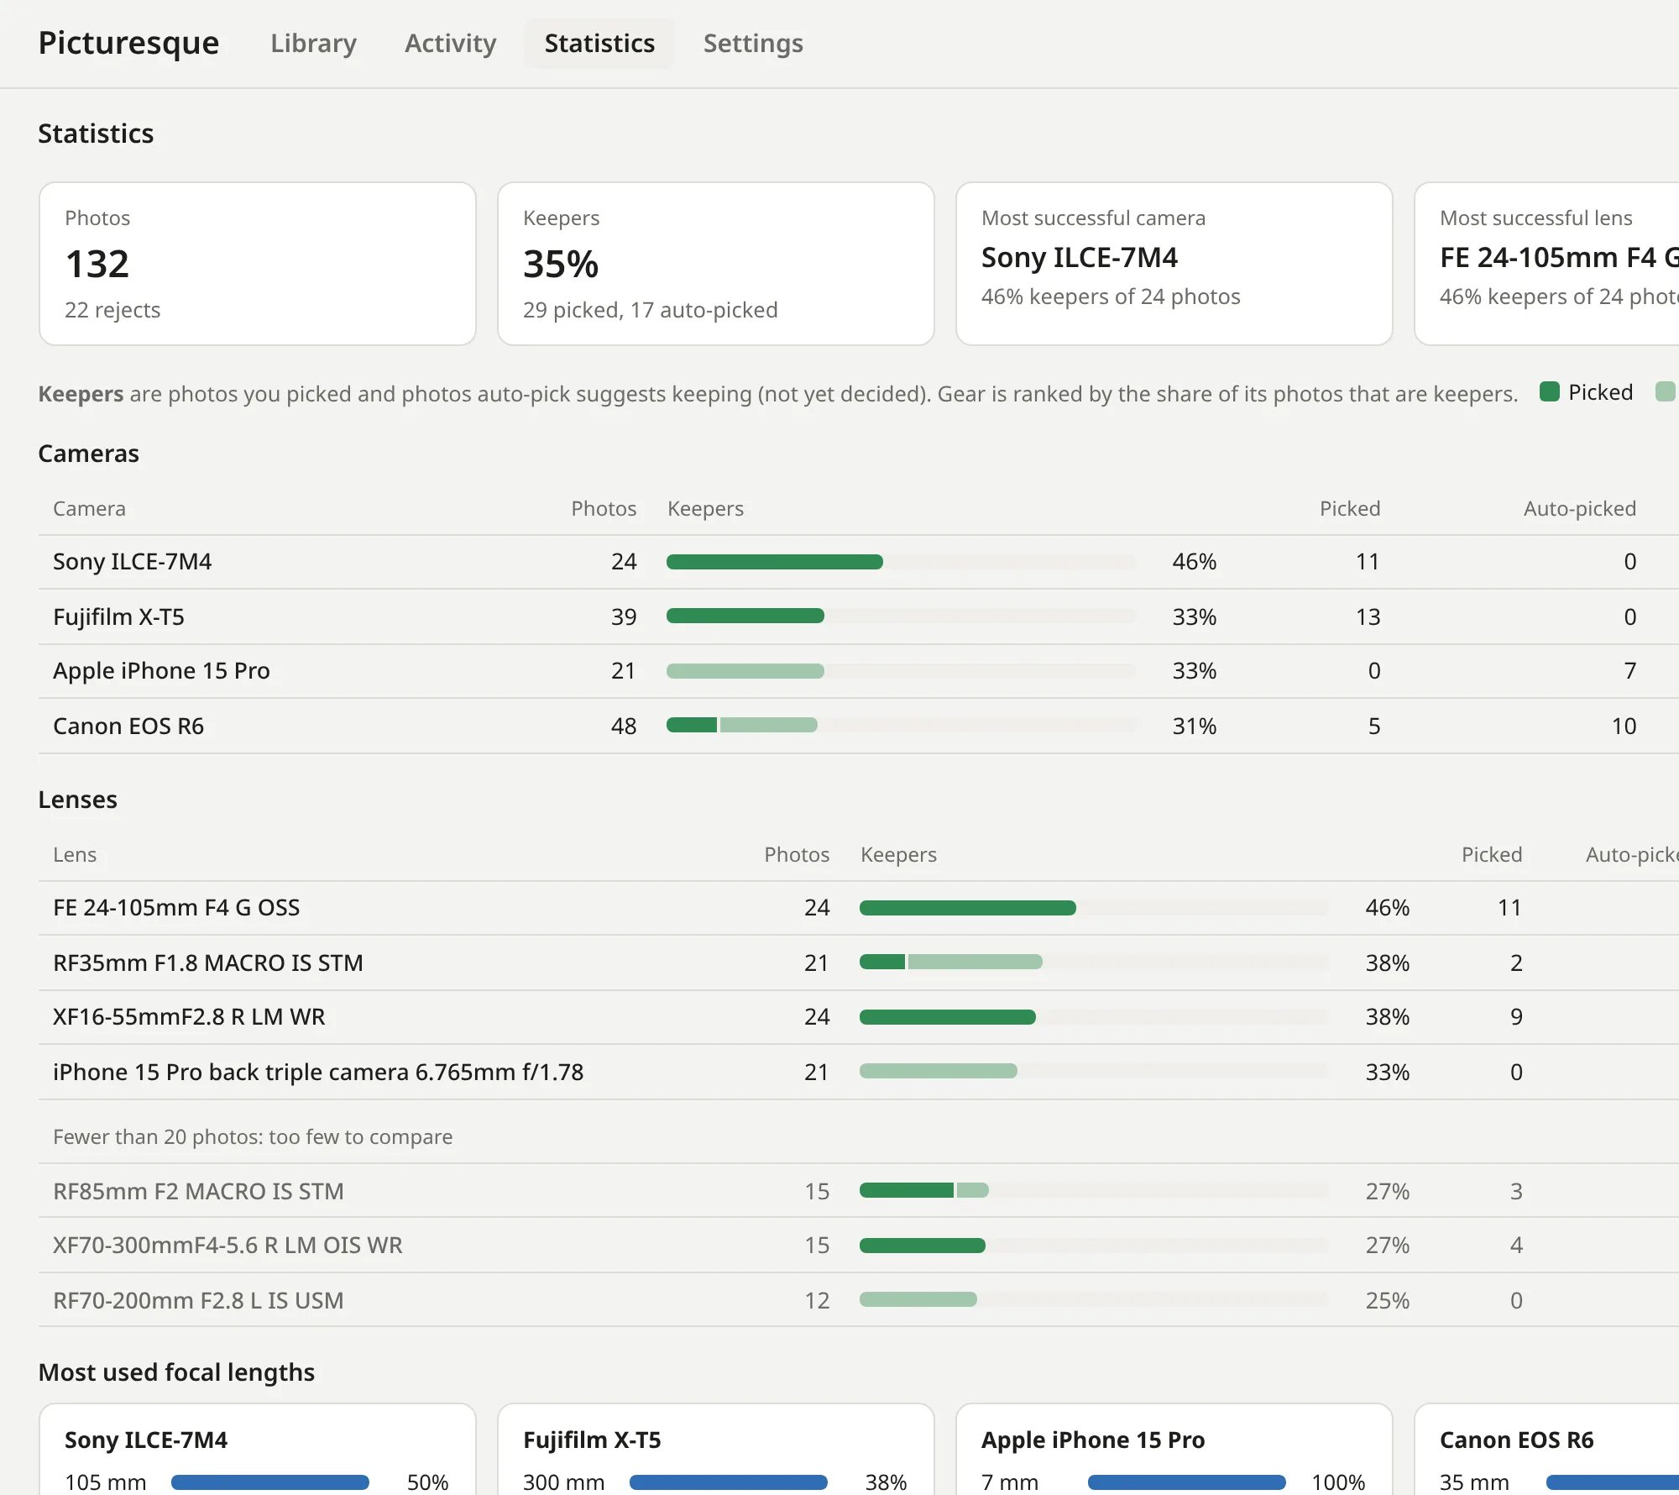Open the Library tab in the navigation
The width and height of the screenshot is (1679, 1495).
tap(313, 43)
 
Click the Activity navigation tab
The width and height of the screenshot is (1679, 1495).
tap(450, 43)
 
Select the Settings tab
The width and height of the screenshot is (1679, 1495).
tap(753, 43)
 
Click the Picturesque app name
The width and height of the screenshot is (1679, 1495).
tap(128, 43)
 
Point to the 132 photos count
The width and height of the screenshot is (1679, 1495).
tap(97, 264)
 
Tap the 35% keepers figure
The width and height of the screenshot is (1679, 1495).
tap(561, 264)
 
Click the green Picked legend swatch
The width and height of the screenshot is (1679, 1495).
tap(1550, 391)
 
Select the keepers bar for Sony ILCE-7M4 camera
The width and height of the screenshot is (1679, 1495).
tap(775, 562)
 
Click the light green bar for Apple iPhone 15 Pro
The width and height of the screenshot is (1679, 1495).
tap(745, 671)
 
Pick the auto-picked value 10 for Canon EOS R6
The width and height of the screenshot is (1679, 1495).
tap(1624, 726)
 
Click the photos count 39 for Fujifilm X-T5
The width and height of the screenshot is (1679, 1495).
tap(624, 616)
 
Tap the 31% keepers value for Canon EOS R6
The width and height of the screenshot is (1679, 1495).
tap(1195, 726)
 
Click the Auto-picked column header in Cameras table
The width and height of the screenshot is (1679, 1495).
tap(1580, 508)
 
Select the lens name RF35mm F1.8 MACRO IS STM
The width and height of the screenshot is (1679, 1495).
tap(208, 963)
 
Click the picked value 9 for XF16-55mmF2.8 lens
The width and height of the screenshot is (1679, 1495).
tap(1516, 1016)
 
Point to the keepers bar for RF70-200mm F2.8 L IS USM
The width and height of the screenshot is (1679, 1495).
tap(918, 1299)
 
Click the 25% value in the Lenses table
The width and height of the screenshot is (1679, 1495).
tap(1388, 1300)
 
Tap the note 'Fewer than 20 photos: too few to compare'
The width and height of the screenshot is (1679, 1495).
tap(253, 1136)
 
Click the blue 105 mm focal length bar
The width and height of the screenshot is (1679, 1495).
tap(270, 1482)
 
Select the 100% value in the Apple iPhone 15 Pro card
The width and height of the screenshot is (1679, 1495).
tap(1338, 1482)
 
